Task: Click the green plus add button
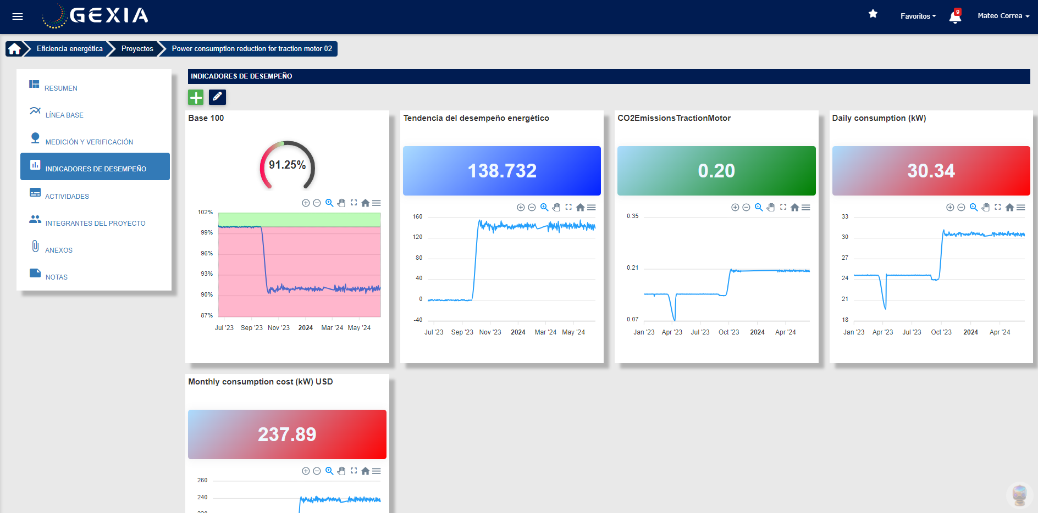tap(196, 97)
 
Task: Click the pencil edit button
tap(217, 97)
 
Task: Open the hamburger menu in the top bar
tap(18, 16)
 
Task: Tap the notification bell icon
tap(955, 17)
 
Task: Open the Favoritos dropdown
tap(918, 16)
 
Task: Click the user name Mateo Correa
tap(1003, 16)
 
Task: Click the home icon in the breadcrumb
tap(15, 49)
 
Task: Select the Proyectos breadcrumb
tap(137, 49)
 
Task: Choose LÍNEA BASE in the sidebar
tap(64, 115)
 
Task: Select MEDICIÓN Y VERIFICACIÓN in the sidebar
tap(89, 142)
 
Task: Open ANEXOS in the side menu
tap(59, 250)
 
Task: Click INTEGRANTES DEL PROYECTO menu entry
tap(95, 223)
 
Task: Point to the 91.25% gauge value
tap(287, 165)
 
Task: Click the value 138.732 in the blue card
tap(501, 171)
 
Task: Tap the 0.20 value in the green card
tap(716, 171)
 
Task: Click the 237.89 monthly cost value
tap(287, 434)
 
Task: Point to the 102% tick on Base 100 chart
tap(205, 212)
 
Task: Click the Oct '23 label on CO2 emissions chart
tap(728, 332)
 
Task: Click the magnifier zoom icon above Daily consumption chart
tap(973, 207)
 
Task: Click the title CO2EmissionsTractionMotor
tap(673, 118)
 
